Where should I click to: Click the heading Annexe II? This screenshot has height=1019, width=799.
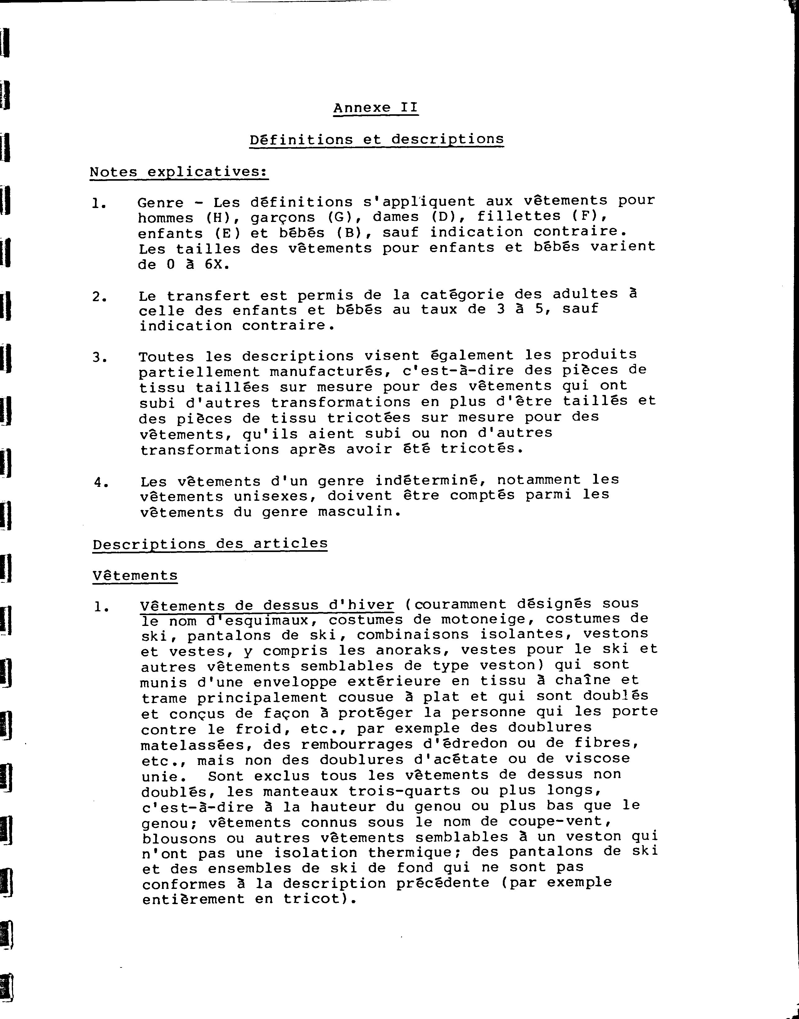click(375, 108)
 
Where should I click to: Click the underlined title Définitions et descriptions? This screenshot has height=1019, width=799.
click(376, 139)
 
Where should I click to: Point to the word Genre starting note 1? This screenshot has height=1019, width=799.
click(160, 202)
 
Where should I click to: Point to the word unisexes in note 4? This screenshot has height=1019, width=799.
click(275, 496)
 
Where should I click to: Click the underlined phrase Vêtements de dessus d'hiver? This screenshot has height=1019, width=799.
click(267, 605)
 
